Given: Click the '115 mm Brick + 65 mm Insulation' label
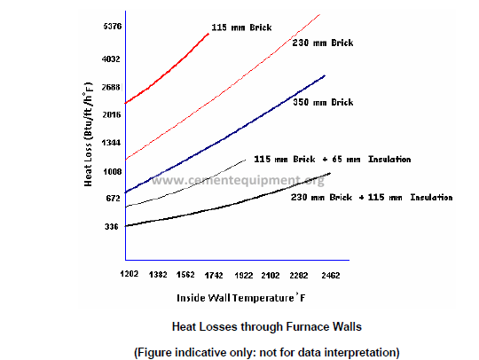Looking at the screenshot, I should (333, 159).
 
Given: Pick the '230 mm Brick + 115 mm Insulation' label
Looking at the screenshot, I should (372, 197).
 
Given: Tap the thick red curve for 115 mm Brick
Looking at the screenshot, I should (169, 71).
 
